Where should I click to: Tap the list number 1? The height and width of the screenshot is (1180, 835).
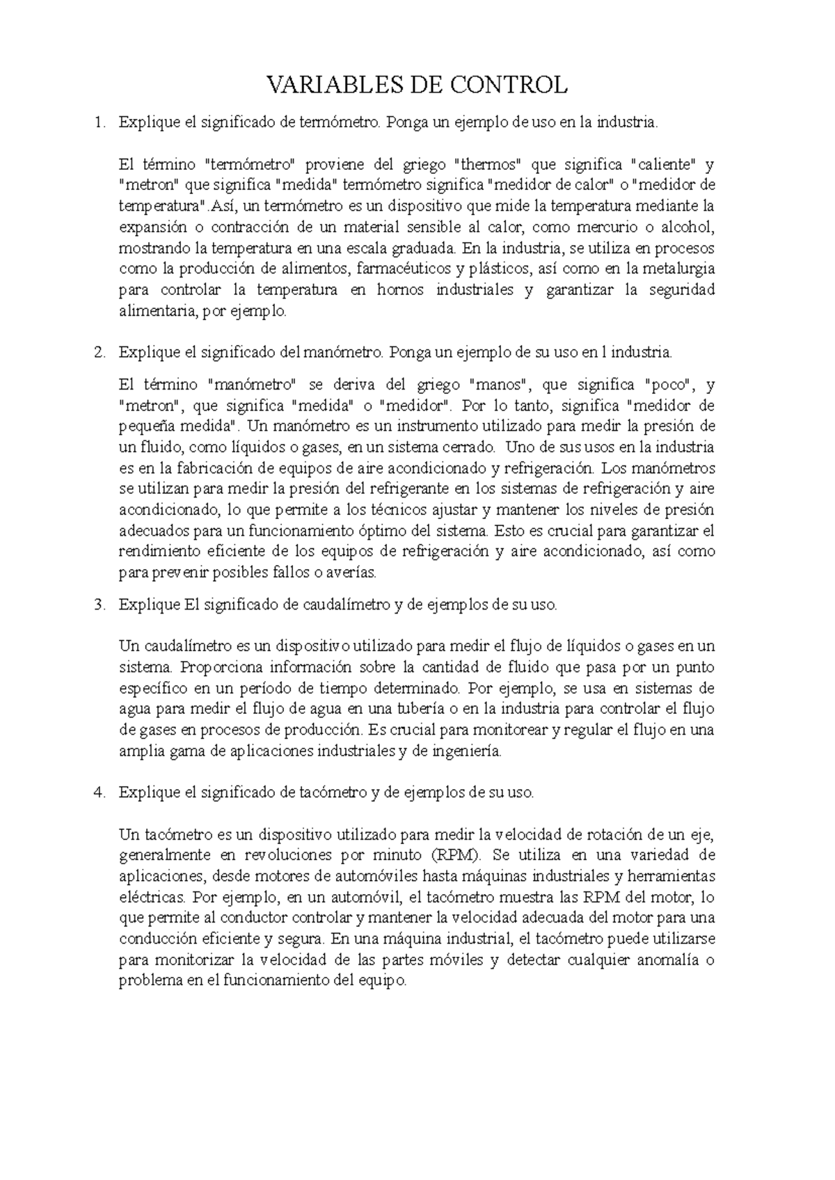pyautogui.click(x=100, y=122)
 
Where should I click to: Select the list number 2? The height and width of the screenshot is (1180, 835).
pyautogui.click(x=100, y=353)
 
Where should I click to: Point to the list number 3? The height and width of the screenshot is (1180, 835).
pyautogui.click(x=100, y=604)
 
